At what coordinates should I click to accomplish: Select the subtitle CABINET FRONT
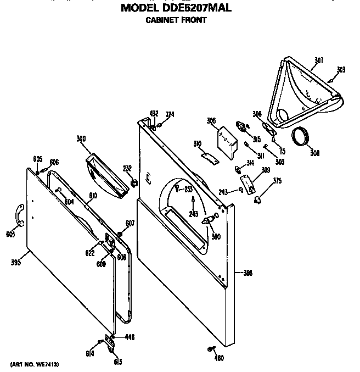(176, 20)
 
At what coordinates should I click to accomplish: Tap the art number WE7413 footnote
(34, 365)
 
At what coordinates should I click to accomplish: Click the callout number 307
(319, 60)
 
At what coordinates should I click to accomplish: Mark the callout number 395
(16, 263)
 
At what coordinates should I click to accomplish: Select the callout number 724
(170, 114)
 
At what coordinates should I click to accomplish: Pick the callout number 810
(93, 195)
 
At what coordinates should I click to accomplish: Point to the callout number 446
(130, 337)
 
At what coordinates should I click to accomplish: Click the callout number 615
(118, 362)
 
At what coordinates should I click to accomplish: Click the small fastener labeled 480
(211, 349)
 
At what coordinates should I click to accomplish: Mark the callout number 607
(130, 223)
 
